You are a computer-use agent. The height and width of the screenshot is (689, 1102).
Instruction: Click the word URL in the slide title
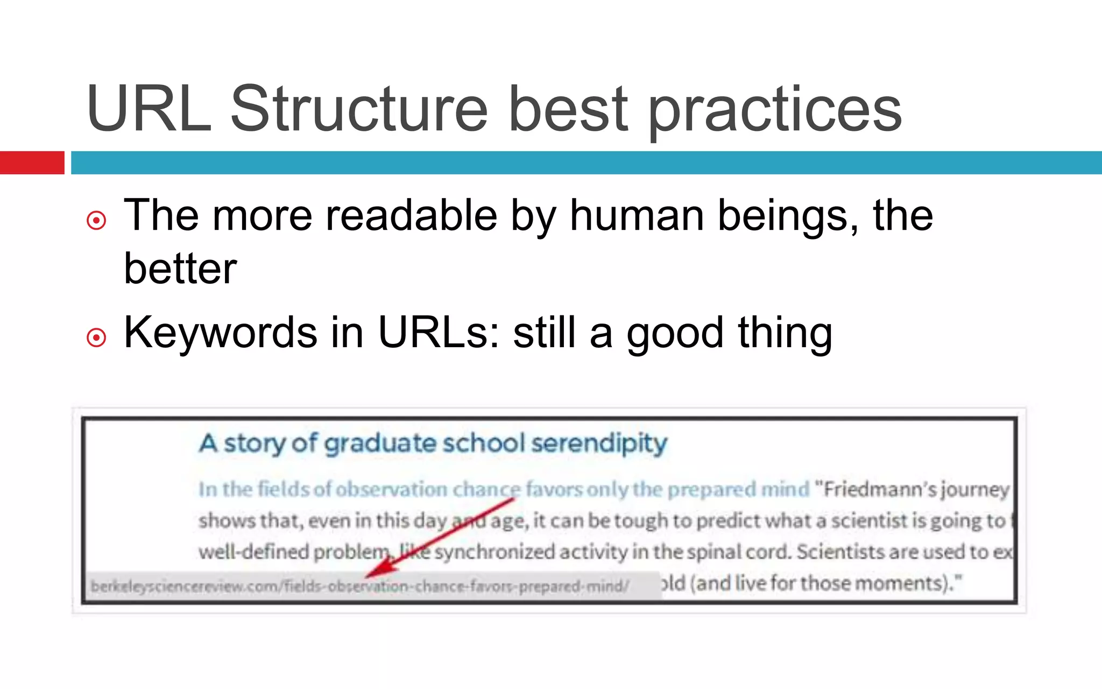tap(149, 109)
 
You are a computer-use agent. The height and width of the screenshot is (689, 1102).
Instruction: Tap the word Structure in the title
tap(359, 109)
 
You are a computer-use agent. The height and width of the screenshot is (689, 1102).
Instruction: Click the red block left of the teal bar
tap(32, 163)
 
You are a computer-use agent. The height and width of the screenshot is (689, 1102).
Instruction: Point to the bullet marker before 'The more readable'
tap(96, 220)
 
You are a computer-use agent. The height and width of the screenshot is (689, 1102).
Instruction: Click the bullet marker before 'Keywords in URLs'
tap(96, 338)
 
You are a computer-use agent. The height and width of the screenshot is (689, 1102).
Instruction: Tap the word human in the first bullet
tap(637, 216)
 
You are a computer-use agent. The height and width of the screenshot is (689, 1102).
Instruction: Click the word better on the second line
tap(180, 269)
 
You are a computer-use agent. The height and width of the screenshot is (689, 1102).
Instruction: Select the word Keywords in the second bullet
tap(221, 333)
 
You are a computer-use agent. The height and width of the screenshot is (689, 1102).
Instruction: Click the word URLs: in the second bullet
tap(439, 333)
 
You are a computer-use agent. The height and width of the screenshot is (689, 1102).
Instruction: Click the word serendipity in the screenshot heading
tap(599, 444)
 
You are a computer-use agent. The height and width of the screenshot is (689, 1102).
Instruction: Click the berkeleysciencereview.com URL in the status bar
tap(359, 586)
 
